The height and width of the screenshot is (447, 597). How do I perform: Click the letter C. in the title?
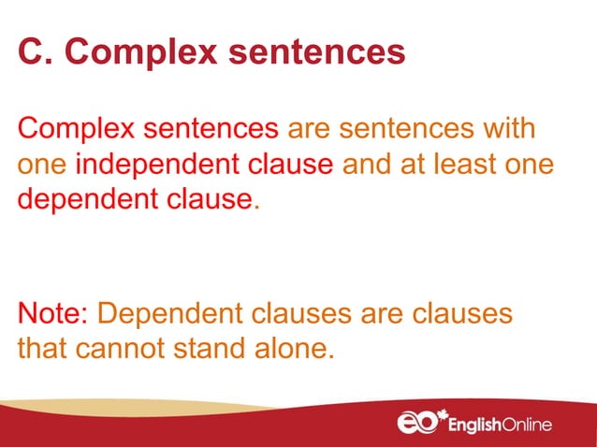(35, 52)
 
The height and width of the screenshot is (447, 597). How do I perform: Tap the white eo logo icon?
(418, 424)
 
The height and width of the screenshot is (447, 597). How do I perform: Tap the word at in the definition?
(420, 165)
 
